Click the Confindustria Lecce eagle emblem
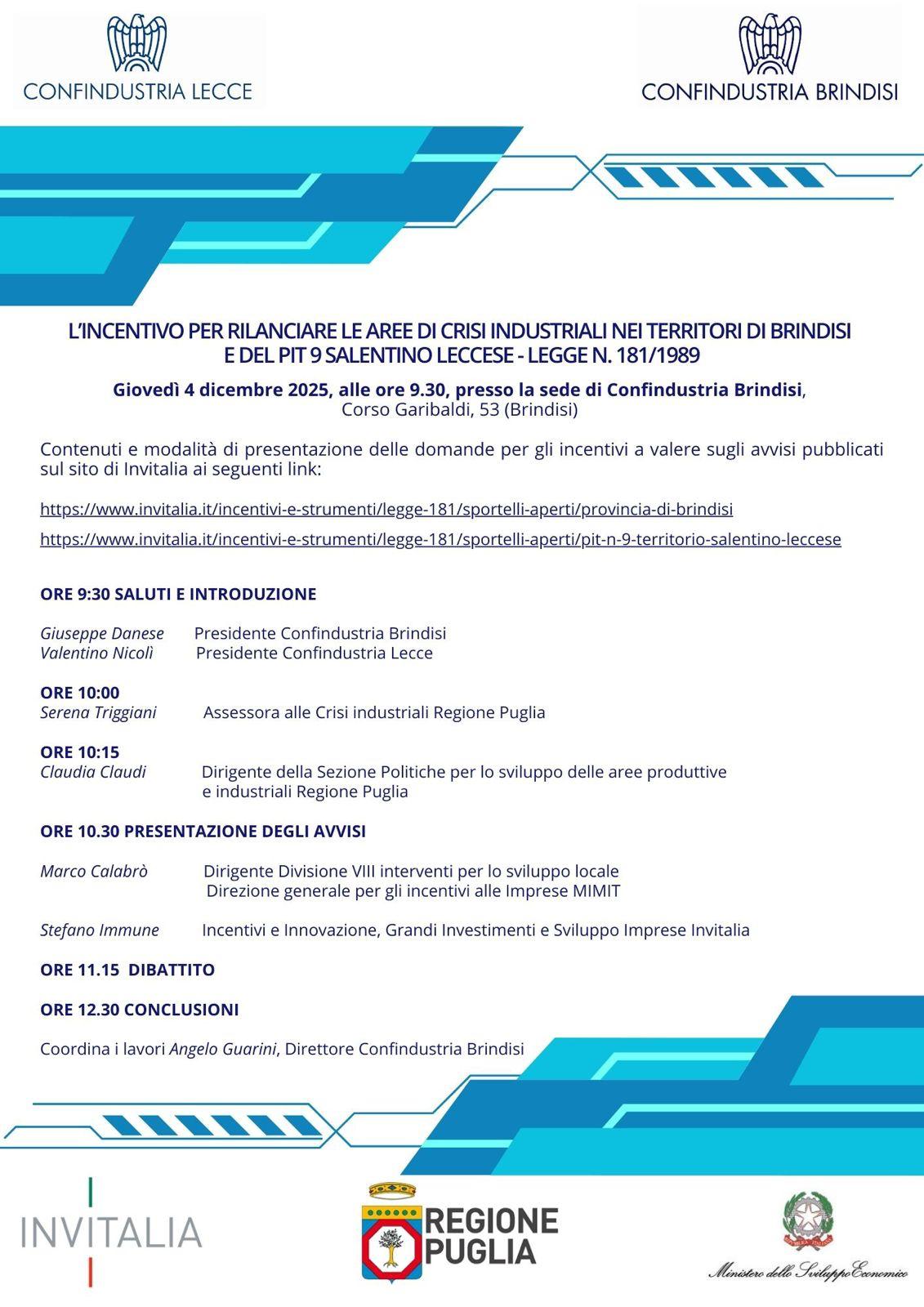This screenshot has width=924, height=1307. tap(137, 43)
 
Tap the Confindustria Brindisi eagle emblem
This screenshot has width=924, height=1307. tap(769, 43)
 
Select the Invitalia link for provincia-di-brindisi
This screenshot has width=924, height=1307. tap(386, 509)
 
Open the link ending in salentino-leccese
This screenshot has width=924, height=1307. tap(440, 539)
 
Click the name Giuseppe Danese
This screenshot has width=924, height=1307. tap(102, 633)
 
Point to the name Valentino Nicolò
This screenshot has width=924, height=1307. tap(96, 653)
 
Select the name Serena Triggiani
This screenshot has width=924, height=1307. tap(98, 712)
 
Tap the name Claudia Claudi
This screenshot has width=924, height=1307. tap(93, 772)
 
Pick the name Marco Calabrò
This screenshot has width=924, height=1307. tap(94, 871)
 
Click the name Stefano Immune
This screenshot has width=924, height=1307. tap(100, 930)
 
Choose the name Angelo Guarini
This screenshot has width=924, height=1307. tap(223, 1049)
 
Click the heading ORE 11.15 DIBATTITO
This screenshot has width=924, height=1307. tap(127, 970)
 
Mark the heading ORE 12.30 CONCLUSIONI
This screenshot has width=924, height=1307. tap(140, 1010)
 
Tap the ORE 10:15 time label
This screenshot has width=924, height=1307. tap(80, 752)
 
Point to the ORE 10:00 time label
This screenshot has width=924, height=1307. tap(80, 693)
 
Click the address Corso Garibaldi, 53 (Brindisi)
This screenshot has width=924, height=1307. tap(460, 409)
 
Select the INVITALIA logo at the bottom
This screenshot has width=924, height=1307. tap(111, 1232)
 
